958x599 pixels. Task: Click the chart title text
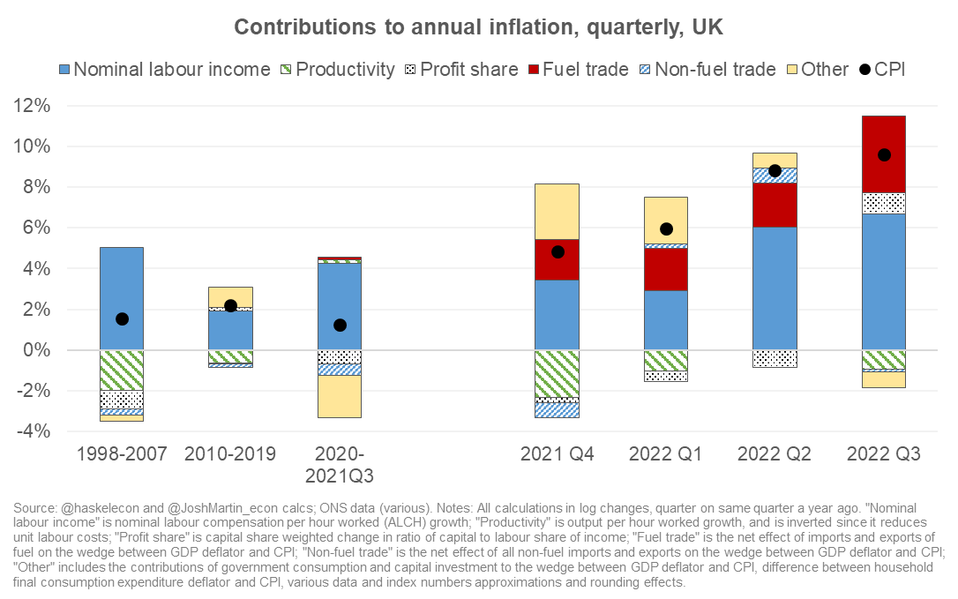pos(478,27)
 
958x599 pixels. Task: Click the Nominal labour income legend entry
pos(164,69)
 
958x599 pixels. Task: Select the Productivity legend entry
pos(336,69)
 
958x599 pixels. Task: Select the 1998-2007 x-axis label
pos(122,454)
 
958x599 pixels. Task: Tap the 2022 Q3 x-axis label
pos(883,454)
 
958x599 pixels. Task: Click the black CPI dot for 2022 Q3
pos(884,155)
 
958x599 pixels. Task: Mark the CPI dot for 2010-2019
pos(231,306)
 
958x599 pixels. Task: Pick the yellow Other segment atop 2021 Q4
pos(557,212)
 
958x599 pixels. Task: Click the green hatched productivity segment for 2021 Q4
pos(557,373)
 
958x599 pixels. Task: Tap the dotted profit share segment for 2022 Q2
pos(775,358)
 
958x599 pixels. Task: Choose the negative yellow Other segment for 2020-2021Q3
pos(340,396)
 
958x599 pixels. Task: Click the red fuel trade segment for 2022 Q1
pos(666,269)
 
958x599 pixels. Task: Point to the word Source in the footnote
pos(34,509)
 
